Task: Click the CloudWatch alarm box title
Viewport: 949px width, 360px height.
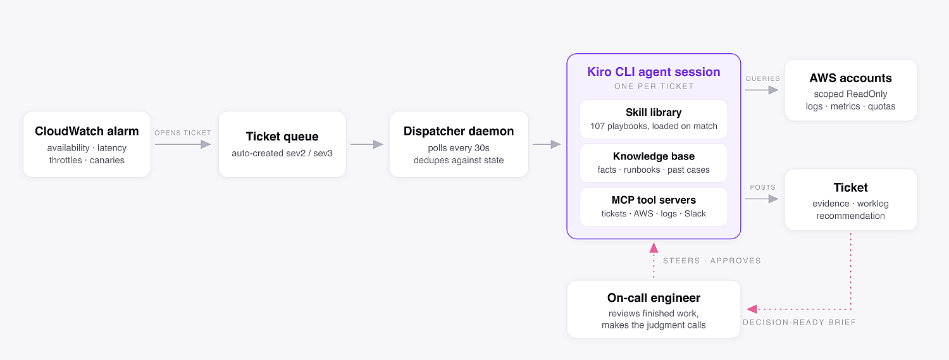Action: point(87,132)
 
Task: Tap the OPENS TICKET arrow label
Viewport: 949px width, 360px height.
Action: point(183,133)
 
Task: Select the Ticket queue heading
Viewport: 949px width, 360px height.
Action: point(282,137)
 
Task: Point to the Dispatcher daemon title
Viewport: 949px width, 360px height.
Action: point(459,132)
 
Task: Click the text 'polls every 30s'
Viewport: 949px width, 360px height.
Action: point(459,148)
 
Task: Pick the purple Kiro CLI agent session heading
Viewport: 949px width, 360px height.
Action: point(654,71)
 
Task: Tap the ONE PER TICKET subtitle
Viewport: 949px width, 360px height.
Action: point(654,87)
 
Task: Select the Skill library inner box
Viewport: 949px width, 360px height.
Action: point(654,119)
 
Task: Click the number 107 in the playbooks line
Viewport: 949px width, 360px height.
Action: point(597,126)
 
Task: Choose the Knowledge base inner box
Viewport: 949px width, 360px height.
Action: point(654,163)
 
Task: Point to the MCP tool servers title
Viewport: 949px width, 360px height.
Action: point(654,200)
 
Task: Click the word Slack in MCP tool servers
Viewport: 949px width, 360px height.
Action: point(695,213)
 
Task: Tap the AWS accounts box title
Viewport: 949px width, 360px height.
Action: point(851,78)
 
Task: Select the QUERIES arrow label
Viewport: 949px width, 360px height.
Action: point(762,79)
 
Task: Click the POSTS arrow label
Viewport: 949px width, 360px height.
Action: point(762,187)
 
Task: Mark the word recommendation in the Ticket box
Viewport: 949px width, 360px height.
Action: point(851,216)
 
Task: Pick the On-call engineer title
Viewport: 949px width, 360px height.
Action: point(654,298)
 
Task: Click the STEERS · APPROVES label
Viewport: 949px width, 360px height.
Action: point(712,261)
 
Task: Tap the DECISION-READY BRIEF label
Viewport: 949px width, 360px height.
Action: point(800,322)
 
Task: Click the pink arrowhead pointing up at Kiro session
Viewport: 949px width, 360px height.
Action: point(654,248)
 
